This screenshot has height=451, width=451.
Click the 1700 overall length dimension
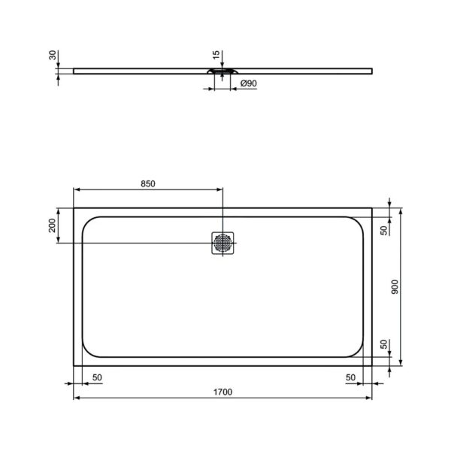(223, 392)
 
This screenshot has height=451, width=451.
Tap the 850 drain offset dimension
(147, 183)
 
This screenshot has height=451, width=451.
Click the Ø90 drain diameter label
(247, 85)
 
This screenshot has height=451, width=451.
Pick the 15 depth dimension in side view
(216, 56)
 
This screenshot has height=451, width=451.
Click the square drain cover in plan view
(223, 244)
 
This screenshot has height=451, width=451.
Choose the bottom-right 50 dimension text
(350, 377)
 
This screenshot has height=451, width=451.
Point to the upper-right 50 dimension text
(383, 230)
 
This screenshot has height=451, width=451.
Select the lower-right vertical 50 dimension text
(383, 344)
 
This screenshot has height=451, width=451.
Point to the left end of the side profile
(74, 70)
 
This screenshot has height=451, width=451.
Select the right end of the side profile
(373, 70)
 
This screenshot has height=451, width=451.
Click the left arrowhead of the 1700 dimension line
(76, 398)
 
